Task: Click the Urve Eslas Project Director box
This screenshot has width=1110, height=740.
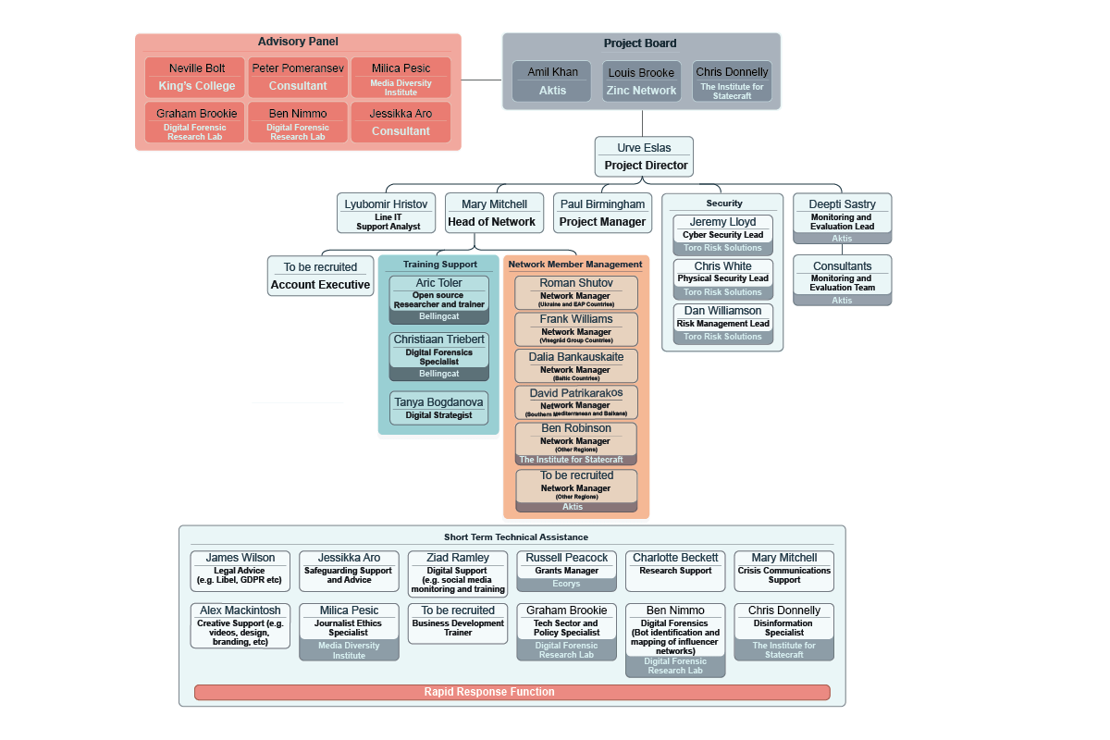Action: click(x=643, y=157)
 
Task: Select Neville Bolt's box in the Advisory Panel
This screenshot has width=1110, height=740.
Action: click(x=196, y=78)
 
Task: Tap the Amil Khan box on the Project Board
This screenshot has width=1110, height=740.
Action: click(x=552, y=81)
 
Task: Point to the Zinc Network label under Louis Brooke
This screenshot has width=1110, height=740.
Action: click(x=641, y=91)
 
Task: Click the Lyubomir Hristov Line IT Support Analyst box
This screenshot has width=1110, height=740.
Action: click(x=386, y=213)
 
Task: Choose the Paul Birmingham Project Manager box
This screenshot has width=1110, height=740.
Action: click(x=602, y=213)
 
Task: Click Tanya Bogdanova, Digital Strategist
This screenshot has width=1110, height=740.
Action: click(x=438, y=408)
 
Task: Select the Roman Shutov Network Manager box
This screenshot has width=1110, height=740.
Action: click(x=575, y=292)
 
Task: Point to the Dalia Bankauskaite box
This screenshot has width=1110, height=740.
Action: click(x=575, y=365)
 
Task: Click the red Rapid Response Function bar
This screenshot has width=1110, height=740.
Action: click(x=512, y=692)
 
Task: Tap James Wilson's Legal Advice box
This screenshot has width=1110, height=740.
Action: click(x=240, y=571)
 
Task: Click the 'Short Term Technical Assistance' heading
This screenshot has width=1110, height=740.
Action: click(x=515, y=536)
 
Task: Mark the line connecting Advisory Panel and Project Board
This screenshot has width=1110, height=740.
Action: click(x=481, y=80)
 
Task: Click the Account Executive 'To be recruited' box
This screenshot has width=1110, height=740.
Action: click(x=320, y=276)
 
